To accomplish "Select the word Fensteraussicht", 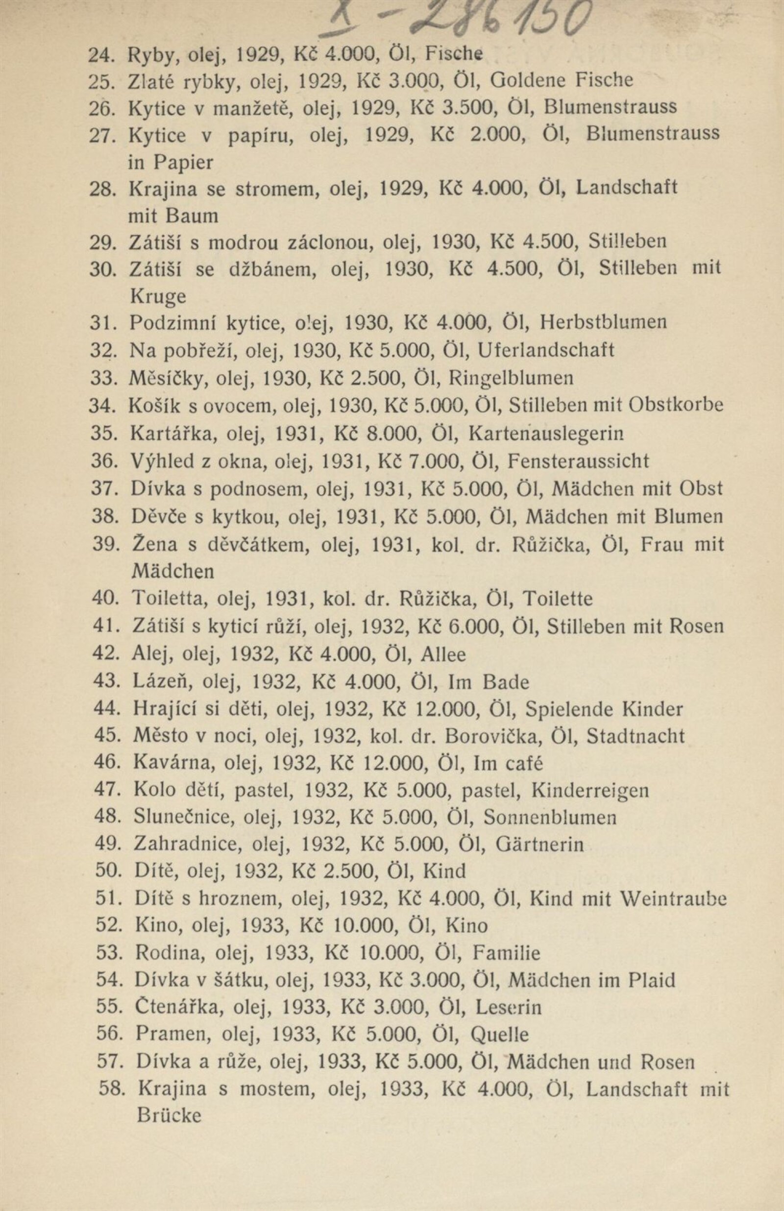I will [x=578, y=461].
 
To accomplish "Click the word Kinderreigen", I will [x=590, y=791].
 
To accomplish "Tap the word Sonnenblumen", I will [x=550, y=818].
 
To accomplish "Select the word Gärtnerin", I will [x=539, y=845].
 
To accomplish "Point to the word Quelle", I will [x=500, y=1035].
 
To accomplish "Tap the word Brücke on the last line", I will [x=169, y=1114].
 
